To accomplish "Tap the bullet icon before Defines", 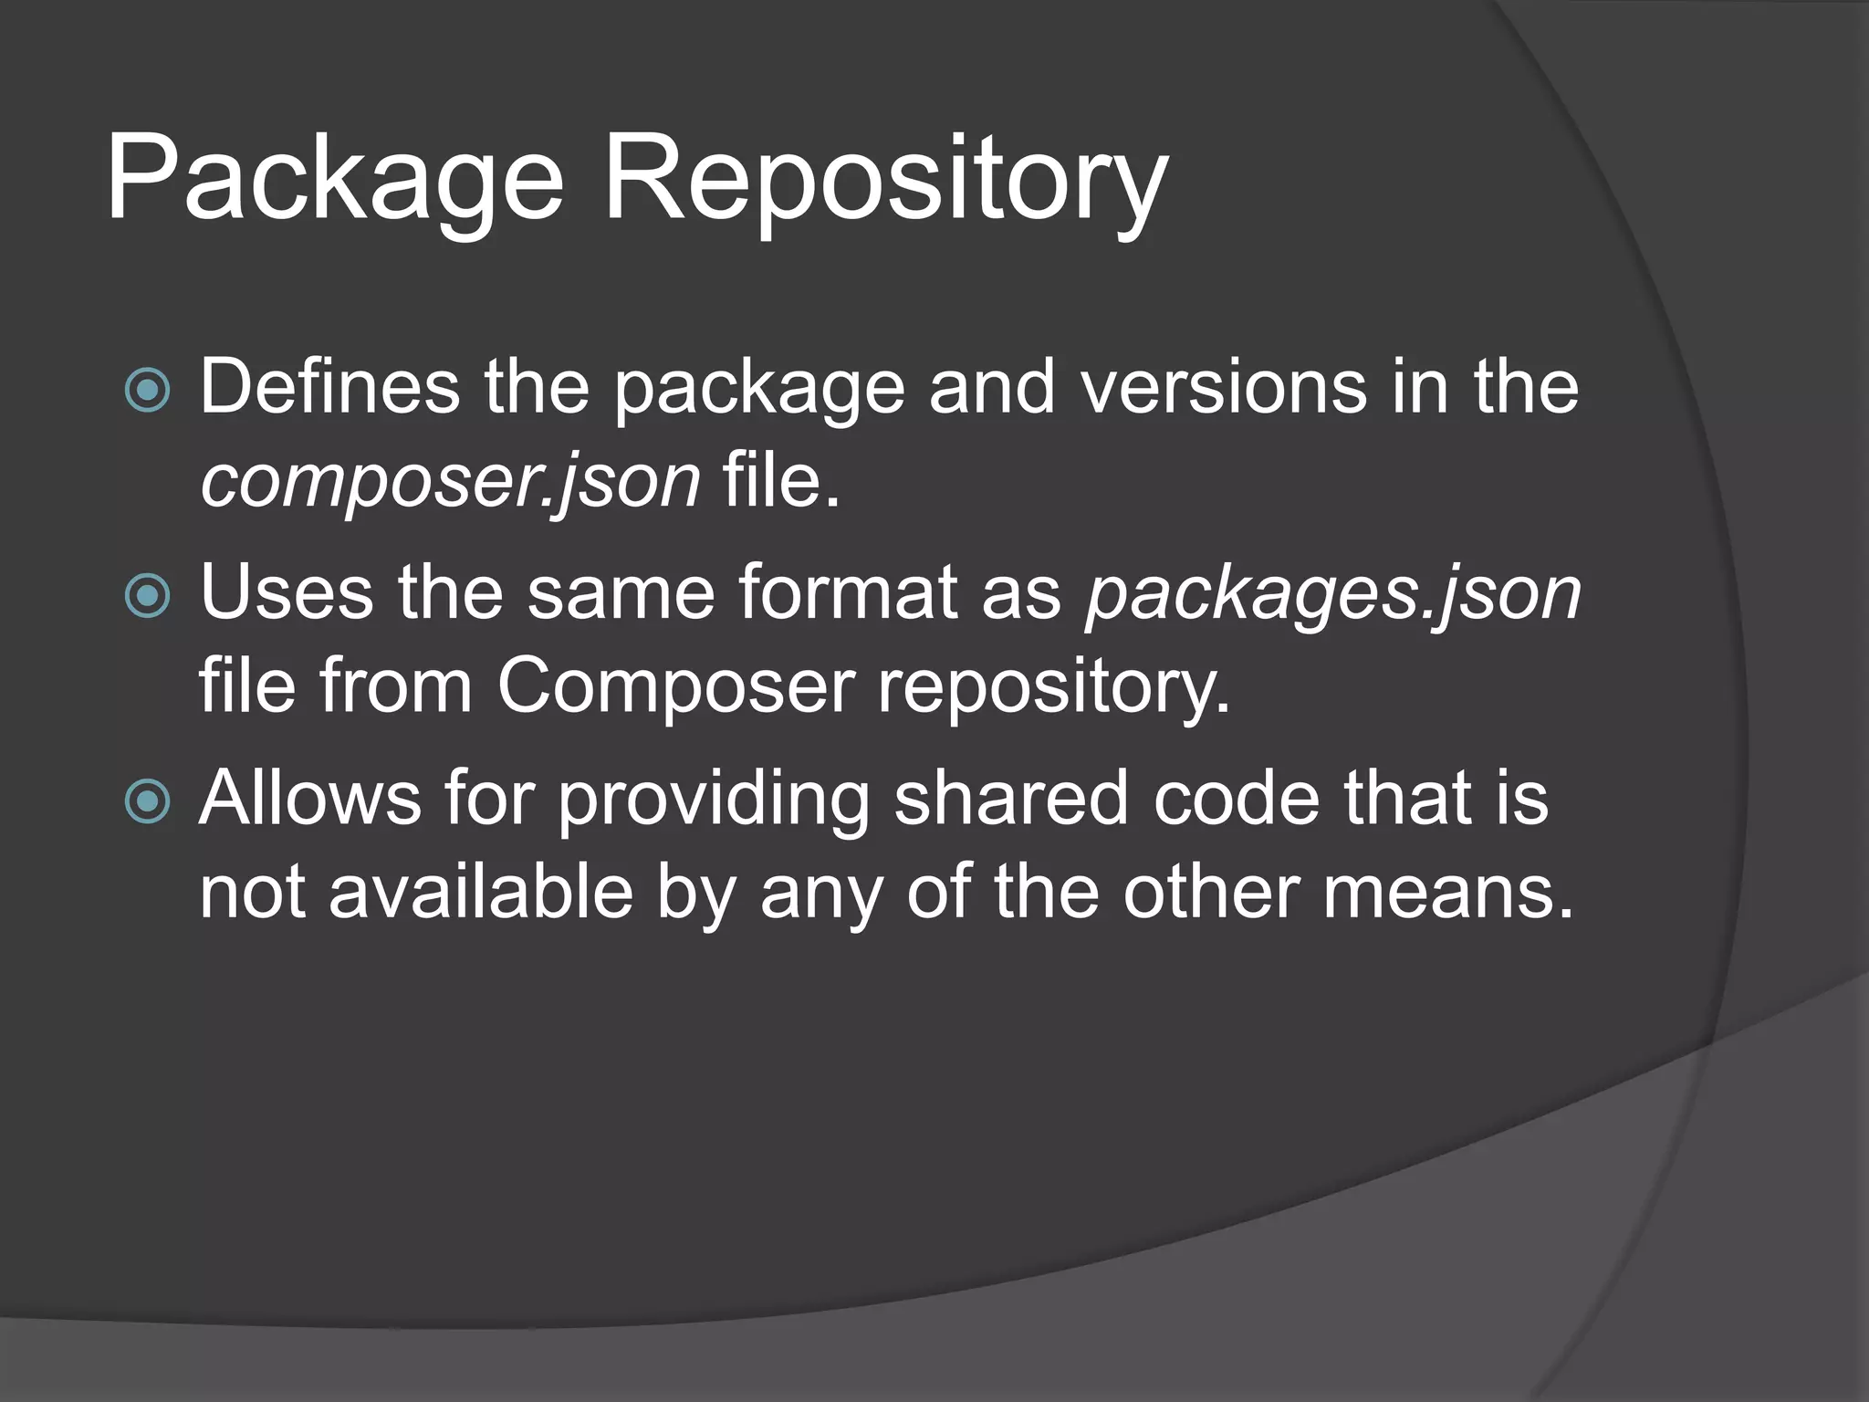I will coord(147,391).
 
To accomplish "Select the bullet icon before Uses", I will coord(147,596).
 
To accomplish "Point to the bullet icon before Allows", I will coord(147,801).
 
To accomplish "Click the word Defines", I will coord(329,387).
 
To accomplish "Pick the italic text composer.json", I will coord(450,482).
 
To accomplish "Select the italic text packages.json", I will coord(1333,595).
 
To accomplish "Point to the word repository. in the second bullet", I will coord(1054,686).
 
